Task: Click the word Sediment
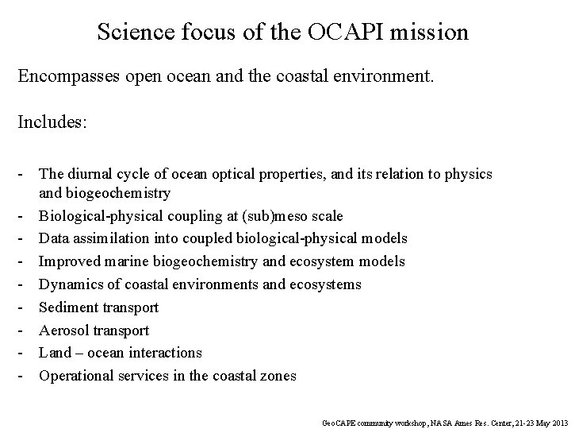(68, 307)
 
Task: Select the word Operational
(77, 375)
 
